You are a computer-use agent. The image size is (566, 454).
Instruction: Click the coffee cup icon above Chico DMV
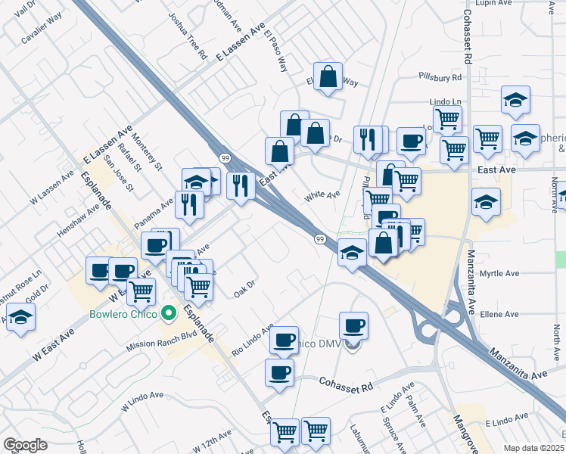(x=353, y=326)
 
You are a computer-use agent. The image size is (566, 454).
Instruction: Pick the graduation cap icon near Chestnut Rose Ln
(x=20, y=318)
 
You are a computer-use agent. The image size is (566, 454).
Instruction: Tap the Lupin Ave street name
(x=493, y=4)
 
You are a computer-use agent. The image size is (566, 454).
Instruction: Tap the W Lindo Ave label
(x=142, y=401)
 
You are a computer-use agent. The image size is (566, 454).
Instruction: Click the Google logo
(x=25, y=445)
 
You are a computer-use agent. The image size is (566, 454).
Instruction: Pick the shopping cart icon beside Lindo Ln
(x=447, y=118)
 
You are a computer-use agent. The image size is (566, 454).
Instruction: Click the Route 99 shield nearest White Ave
(x=320, y=239)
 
